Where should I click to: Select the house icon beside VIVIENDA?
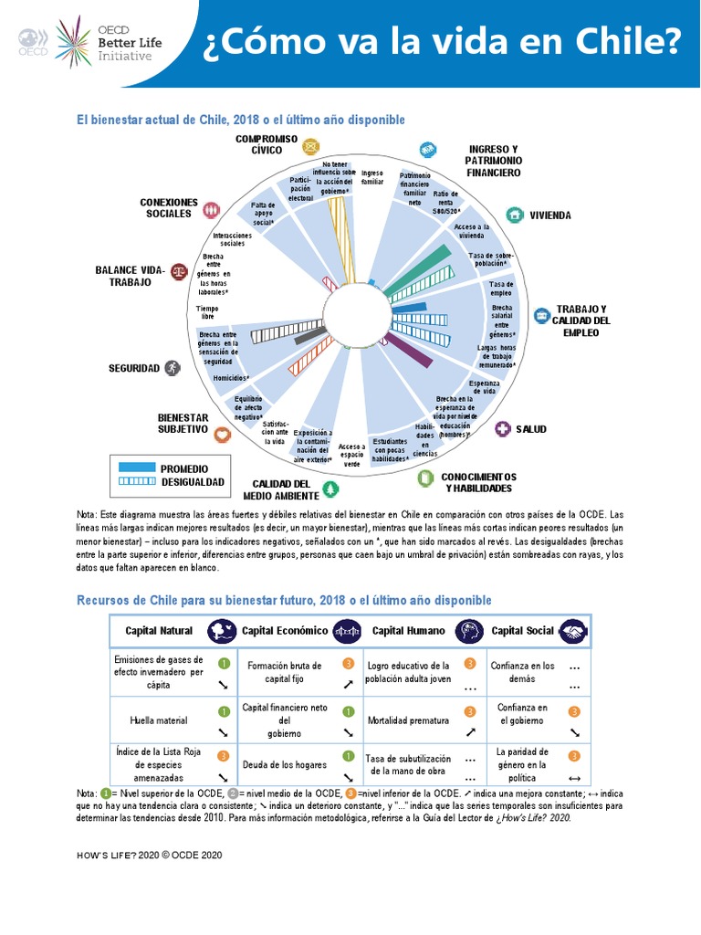pyautogui.click(x=515, y=215)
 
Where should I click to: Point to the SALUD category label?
pyautogui.click(x=530, y=429)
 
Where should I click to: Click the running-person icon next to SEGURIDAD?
pyautogui.click(x=173, y=368)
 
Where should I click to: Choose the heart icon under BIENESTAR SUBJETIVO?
pyautogui.click(x=195, y=436)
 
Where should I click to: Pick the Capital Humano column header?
pyautogui.click(x=409, y=631)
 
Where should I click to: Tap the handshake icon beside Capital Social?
pyautogui.click(x=573, y=631)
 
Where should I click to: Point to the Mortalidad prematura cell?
pyautogui.click(x=408, y=720)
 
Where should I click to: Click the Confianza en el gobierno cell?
pyautogui.click(x=523, y=714)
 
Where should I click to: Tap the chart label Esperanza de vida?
pyautogui.click(x=484, y=387)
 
